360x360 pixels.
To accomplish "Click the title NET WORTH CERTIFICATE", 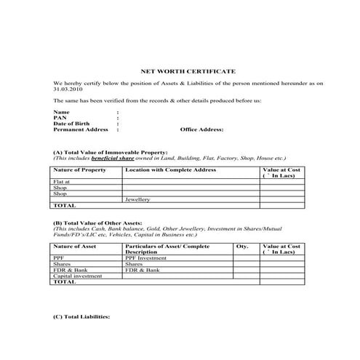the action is coord(188,71).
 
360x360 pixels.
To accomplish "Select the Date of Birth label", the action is coord(71,123).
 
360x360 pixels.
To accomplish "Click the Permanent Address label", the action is coord(81,129).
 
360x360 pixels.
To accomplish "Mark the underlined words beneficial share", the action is coord(127,157).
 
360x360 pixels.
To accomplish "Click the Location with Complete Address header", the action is coord(170,169).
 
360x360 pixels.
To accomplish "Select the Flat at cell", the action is coord(62,181).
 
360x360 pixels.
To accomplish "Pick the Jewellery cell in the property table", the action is coord(137,199).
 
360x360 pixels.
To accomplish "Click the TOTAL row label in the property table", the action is coord(65,205).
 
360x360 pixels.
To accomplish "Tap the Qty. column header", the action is coord(242,247).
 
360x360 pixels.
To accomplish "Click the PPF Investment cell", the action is coord(146,257).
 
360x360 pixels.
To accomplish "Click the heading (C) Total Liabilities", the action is coord(81,318).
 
